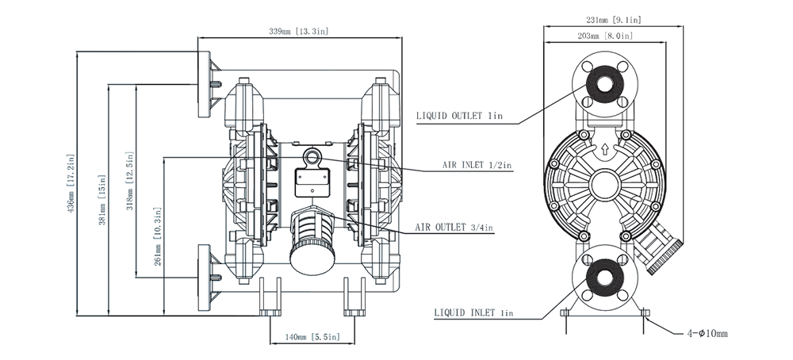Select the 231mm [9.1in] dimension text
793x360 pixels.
613,18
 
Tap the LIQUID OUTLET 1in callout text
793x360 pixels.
460,116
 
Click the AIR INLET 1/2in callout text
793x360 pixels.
477,166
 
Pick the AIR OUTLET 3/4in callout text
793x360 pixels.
454,228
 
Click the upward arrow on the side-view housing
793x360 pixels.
604,148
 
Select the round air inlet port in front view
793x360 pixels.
315,157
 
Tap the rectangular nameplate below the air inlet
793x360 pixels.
313,183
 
